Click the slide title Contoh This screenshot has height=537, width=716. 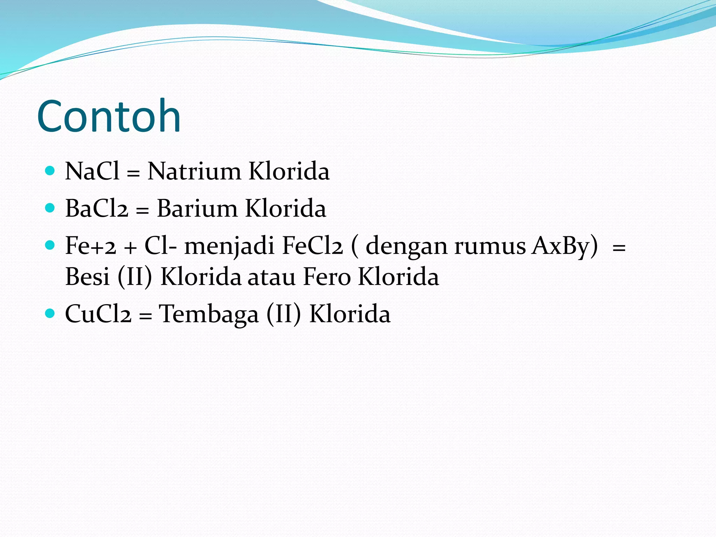109,116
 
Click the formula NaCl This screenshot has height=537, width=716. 92,171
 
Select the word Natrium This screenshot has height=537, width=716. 194,171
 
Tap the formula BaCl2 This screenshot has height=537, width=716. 96,209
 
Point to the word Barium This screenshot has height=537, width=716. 197,209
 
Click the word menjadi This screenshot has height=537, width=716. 229,246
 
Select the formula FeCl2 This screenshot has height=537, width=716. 312,246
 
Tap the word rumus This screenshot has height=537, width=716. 489,246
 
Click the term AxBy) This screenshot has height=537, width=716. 564,246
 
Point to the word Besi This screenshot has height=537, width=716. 87,277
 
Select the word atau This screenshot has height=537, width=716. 272,277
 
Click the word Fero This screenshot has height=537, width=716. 327,277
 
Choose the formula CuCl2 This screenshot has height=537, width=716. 98,314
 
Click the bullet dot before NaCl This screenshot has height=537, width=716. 50,171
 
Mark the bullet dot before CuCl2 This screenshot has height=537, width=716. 50,313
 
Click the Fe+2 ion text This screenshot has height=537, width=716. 91,246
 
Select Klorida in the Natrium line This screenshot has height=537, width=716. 289,171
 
